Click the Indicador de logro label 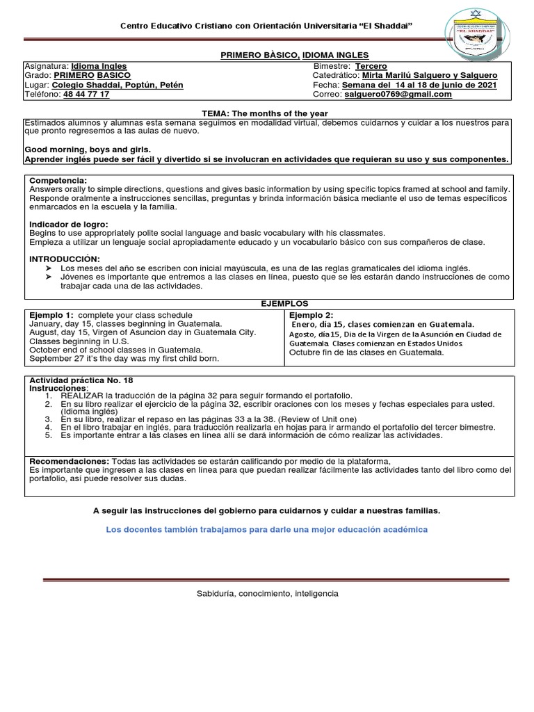(x=68, y=224)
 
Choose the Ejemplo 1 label (x=52, y=315)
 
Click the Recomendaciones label (x=69, y=461)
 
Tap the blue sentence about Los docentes (x=266, y=529)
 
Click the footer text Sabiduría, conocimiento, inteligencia (x=267, y=594)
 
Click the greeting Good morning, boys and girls (x=88, y=149)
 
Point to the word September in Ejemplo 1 (x=51, y=359)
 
